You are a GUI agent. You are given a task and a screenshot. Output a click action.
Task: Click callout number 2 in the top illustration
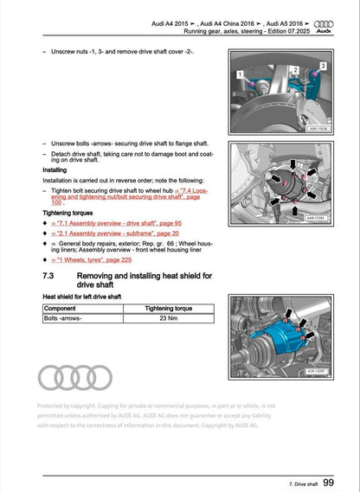click(295, 69)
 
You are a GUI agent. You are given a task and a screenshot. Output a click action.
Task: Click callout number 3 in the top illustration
click(323, 66)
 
